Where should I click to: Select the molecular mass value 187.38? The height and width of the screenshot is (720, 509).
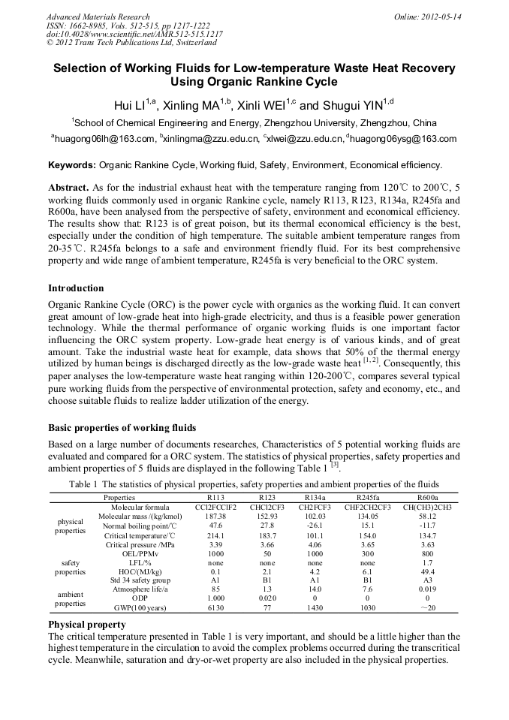(x=215, y=517)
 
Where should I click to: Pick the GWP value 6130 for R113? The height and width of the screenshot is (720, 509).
(x=215, y=607)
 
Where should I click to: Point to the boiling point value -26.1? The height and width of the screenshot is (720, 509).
(x=315, y=526)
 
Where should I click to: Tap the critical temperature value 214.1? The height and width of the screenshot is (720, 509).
(x=215, y=535)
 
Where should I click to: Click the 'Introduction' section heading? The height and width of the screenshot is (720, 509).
(x=76, y=288)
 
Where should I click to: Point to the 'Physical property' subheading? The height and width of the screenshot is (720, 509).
(x=86, y=625)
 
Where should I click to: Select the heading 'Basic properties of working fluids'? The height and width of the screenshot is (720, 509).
(x=122, y=428)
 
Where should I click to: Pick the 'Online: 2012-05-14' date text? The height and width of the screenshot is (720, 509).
(x=427, y=17)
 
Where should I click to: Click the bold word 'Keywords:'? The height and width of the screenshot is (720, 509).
(x=72, y=165)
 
